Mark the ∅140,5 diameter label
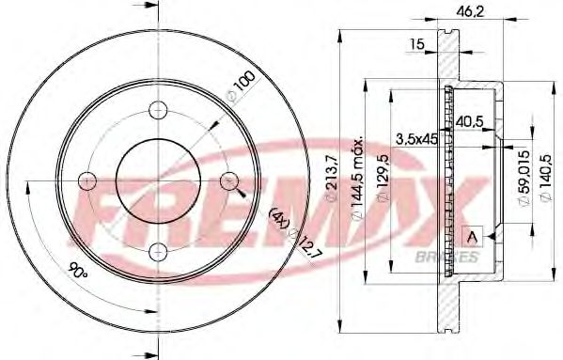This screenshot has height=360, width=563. (x=540, y=179)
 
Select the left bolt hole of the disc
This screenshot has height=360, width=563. (x=89, y=180)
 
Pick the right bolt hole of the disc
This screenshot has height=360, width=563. (x=228, y=180)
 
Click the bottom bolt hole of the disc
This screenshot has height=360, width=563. (x=159, y=249)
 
